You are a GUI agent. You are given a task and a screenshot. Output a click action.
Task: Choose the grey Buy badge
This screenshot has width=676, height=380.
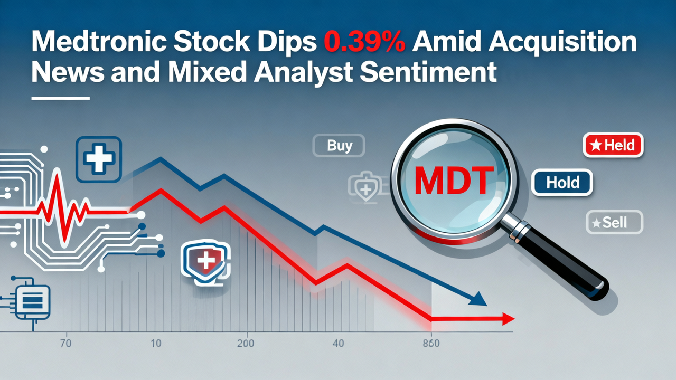[339, 145]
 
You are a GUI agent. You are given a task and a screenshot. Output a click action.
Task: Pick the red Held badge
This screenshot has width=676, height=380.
[613, 145]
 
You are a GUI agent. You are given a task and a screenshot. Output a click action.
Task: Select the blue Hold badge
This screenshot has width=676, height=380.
[562, 183]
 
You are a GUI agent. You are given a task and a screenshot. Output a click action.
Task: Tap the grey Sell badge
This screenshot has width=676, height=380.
[615, 222]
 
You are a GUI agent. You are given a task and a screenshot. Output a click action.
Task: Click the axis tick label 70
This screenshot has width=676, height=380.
[66, 344]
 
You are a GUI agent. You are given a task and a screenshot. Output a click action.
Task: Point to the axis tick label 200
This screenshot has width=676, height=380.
[246, 344]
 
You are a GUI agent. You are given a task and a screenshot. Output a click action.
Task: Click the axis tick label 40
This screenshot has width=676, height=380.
[338, 344]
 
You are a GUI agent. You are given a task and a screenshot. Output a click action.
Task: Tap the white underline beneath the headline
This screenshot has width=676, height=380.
[60, 98]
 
